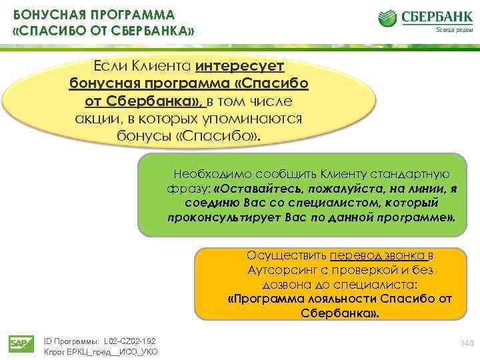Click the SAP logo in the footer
[x=18, y=343]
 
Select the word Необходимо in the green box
[x=203, y=174]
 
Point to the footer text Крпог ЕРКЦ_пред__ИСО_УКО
[x=100, y=351]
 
